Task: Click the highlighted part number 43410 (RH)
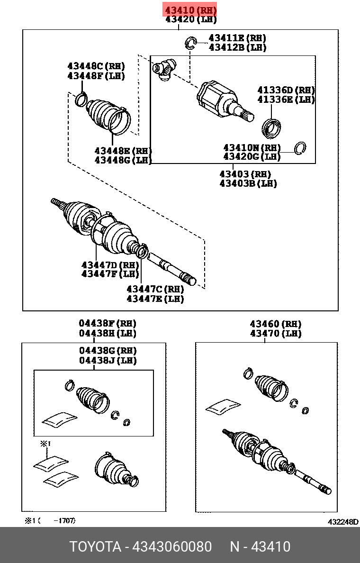pyautogui.click(x=190, y=9)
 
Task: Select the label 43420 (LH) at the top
pyautogui.click(x=190, y=19)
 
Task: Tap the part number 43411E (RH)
pyautogui.click(x=237, y=38)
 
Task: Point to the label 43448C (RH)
pyautogui.click(x=96, y=66)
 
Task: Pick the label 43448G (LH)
pyautogui.click(x=123, y=160)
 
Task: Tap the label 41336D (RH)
pyautogui.click(x=286, y=90)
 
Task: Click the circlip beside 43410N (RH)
pyautogui.click(x=299, y=148)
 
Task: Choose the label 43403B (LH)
pyautogui.click(x=248, y=183)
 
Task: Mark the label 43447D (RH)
pyautogui.click(x=110, y=264)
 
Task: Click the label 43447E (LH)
pyautogui.click(x=155, y=299)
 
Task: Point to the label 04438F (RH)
pyautogui.click(x=108, y=323)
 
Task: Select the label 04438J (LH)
pyautogui.click(x=108, y=361)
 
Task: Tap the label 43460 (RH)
pyautogui.click(x=275, y=324)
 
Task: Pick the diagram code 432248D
pyautogui.click(x=343, y=522)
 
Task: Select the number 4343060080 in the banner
pyautogui.click(x=172, y=546)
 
